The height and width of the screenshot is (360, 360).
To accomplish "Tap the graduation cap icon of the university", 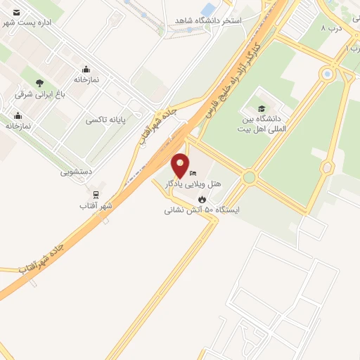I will (262, 109).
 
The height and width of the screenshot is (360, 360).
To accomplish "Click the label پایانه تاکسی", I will (105, 120).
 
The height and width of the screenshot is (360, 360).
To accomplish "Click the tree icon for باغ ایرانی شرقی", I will (39, 83).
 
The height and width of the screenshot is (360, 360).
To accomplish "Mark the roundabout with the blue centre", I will (326, 73).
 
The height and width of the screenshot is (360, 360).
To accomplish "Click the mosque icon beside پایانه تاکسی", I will (86, 69).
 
